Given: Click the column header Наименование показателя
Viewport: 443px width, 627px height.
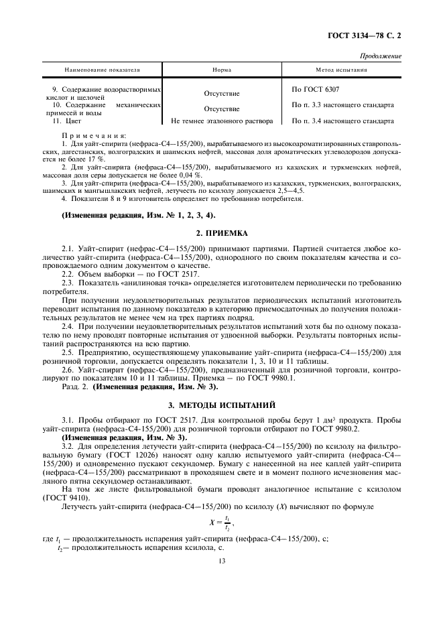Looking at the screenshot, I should click(x=102, y=70).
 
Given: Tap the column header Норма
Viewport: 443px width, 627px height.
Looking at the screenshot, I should click(x=222, y=70).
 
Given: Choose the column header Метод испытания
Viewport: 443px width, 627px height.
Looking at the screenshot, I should click(x=341, y=70).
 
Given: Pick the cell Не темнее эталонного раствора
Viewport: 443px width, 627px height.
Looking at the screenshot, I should click(x=222, y=121).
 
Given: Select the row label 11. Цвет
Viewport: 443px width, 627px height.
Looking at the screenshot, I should click(x=65, y=121).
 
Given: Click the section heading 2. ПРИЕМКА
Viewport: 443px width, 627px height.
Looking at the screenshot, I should click(x=221, y=233).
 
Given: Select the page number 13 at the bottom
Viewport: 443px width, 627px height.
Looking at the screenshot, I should click(x=221, y=563).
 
